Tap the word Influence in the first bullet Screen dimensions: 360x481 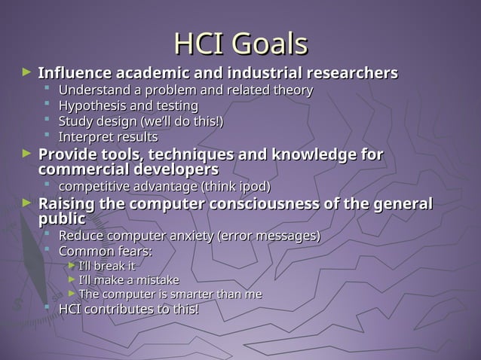tap(74, 74)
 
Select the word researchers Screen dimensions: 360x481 tap(351, 74)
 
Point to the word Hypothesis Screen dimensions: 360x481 tap(93, 105)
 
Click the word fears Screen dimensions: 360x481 tap(133, 251)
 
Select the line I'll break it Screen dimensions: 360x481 tap(107, 266)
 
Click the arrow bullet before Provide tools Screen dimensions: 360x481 tap(27, 154)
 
